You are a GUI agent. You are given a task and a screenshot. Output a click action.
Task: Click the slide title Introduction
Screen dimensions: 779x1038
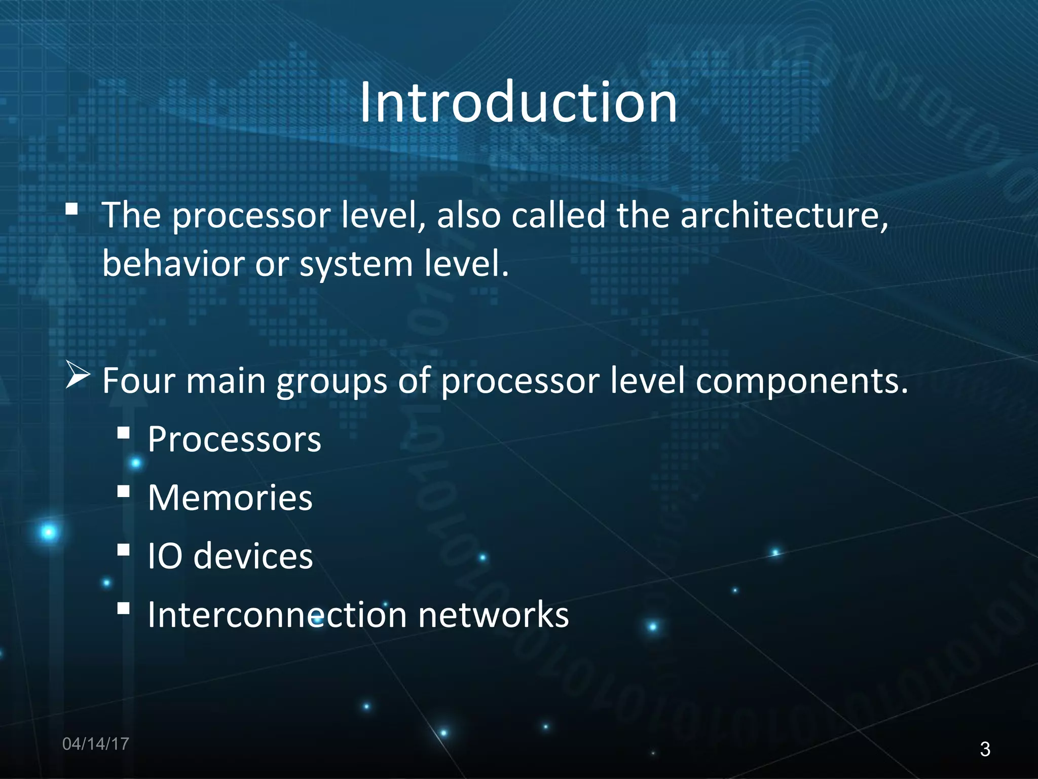(x=518, y=102)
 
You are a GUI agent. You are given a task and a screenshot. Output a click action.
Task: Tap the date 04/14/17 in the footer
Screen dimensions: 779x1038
(x=95, y=744)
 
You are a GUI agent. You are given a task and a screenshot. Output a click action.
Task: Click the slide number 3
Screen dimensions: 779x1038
(x=985, y=749)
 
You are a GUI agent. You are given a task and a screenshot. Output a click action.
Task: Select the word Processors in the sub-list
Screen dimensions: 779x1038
(x=234, y=439)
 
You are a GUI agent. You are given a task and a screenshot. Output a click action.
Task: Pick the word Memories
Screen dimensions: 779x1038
(x=230, y=498)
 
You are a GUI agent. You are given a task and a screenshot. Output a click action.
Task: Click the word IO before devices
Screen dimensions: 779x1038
(x=165, y=556)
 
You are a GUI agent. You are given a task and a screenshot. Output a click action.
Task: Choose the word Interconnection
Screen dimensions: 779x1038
(x=277, y=615)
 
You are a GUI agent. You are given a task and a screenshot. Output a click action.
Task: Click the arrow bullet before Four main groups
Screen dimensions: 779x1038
(x=78, y=377)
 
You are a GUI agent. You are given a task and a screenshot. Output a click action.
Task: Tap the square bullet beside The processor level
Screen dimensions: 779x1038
(x=72, y=208)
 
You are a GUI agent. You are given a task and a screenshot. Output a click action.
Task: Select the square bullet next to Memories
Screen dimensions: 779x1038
(x=123, y=491)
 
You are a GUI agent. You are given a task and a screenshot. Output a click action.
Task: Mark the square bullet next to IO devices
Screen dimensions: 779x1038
(x=123, y=550)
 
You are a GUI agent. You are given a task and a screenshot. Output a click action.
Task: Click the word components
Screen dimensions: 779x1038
(x=801, y=381)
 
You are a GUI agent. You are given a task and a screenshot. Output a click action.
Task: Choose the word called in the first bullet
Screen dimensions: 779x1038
(x=559, y=215)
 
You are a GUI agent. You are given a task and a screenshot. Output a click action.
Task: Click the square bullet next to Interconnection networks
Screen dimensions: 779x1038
(x=123, y=608)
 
